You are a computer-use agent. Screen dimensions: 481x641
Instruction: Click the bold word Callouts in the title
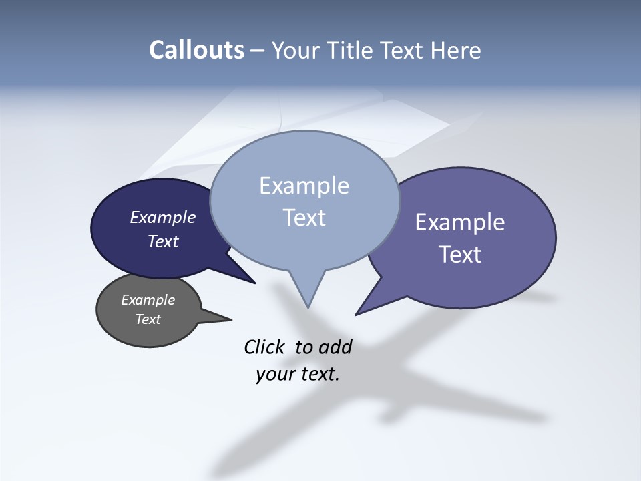[196, 50]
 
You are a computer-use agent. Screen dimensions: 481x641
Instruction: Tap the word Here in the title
[457, 50]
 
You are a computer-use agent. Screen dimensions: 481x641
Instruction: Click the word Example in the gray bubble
[148, 300]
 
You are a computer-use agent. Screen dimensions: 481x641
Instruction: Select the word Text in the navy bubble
[163, 241]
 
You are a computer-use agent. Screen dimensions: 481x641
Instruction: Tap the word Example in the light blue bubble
[304, 186]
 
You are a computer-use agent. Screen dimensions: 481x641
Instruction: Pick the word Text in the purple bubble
[460, 255]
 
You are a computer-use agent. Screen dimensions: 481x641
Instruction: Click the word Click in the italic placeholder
[264, 347]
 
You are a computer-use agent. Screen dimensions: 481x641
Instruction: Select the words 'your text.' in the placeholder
[298, 374]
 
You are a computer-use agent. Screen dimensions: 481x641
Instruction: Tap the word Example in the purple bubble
[460, 222]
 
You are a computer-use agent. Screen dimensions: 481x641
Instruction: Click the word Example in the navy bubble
[163, 217]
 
